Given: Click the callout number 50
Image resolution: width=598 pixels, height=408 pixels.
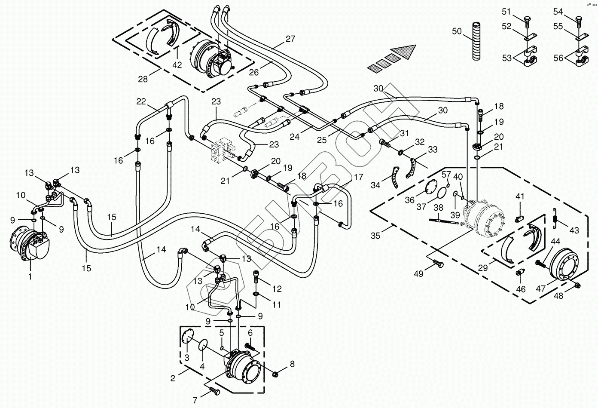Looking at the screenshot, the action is pos(457,31).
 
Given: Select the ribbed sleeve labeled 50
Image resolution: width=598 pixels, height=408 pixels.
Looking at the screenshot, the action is pos(478,41).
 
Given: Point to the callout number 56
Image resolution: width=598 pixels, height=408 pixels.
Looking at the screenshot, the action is pos(558,58).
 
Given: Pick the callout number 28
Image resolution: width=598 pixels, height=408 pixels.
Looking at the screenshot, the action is pos(143,79).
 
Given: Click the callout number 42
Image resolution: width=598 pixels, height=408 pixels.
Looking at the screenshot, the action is pos(177,65).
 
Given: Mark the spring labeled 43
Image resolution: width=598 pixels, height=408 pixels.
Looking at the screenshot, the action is pos(555,218).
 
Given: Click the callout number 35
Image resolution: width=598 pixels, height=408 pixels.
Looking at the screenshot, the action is pos(375,236).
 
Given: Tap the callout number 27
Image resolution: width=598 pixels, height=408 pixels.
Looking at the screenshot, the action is pos(290,39).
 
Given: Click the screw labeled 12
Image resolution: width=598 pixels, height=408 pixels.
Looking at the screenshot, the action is pos(255,277).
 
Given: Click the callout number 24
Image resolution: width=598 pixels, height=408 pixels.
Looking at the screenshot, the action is pos(295,137).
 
